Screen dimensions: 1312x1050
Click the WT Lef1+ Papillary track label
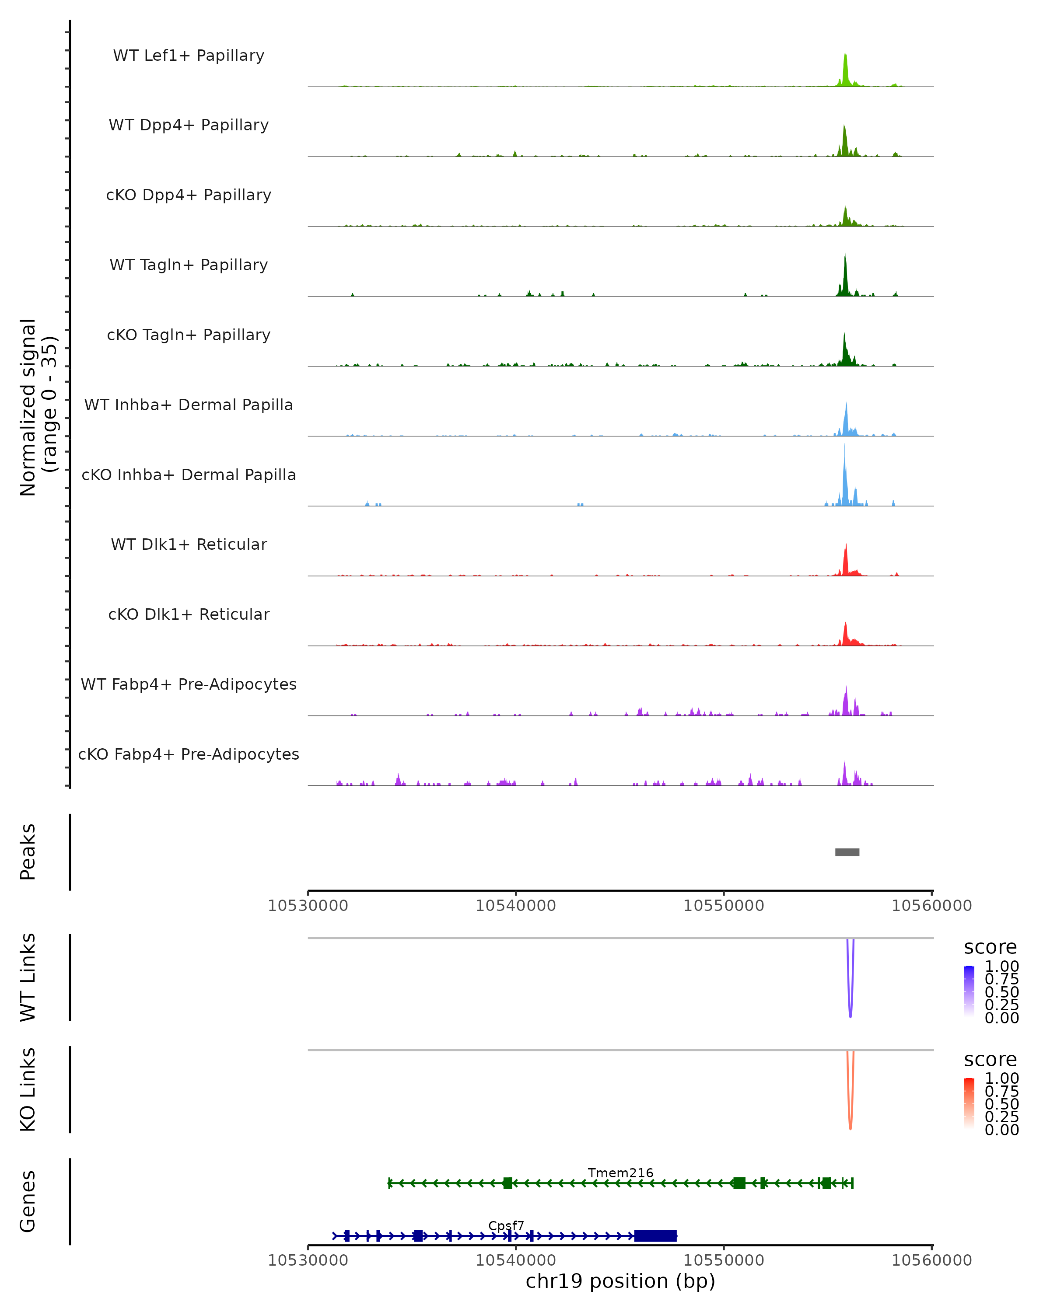click(x=189, y=56)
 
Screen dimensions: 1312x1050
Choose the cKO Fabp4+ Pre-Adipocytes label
click(x=189, y=754)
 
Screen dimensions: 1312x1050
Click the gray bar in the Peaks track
click(x=847, y=852)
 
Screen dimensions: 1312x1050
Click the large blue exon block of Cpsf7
click(x=655, y=1236)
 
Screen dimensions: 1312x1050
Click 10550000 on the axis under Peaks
click(x=723, y=906)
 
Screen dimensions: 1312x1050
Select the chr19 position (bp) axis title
click(x=620, y=1281)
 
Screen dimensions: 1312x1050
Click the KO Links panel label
click(x=28, y=1089)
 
